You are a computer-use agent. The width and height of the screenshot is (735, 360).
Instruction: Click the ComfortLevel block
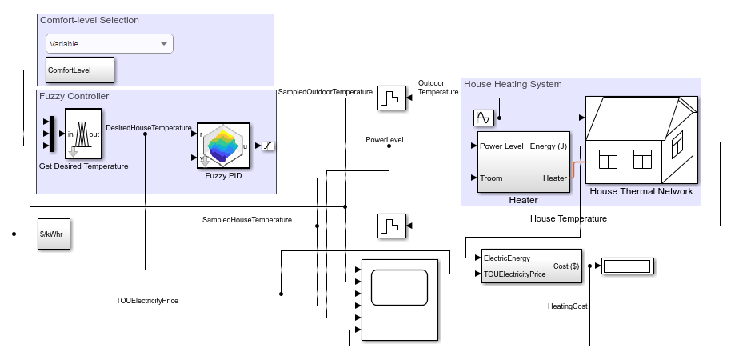click(80, 70)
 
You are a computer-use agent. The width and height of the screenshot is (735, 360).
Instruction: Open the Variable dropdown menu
click(109, 44)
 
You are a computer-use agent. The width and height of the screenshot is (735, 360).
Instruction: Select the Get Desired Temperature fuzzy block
click(83, 134)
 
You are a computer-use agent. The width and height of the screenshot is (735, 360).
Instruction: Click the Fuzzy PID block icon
click(223, 146)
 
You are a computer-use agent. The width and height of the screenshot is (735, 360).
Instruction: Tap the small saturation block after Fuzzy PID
click(268, 146)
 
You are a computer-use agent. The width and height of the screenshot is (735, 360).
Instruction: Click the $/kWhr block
click(54, 234)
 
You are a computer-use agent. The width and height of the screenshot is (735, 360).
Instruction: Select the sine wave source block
click(484, 118)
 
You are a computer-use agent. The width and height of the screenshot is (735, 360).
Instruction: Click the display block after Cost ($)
click(628, 266)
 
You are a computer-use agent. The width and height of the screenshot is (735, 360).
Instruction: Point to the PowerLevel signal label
click(385, 139)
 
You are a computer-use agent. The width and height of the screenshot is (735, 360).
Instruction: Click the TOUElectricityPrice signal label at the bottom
click(147, 301)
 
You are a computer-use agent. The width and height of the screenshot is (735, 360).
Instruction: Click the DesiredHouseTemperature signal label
click(149, 127)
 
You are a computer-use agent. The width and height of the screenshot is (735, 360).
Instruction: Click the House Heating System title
click(513, 84)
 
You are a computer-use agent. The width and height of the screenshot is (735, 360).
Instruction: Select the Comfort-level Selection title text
click(89, 20)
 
